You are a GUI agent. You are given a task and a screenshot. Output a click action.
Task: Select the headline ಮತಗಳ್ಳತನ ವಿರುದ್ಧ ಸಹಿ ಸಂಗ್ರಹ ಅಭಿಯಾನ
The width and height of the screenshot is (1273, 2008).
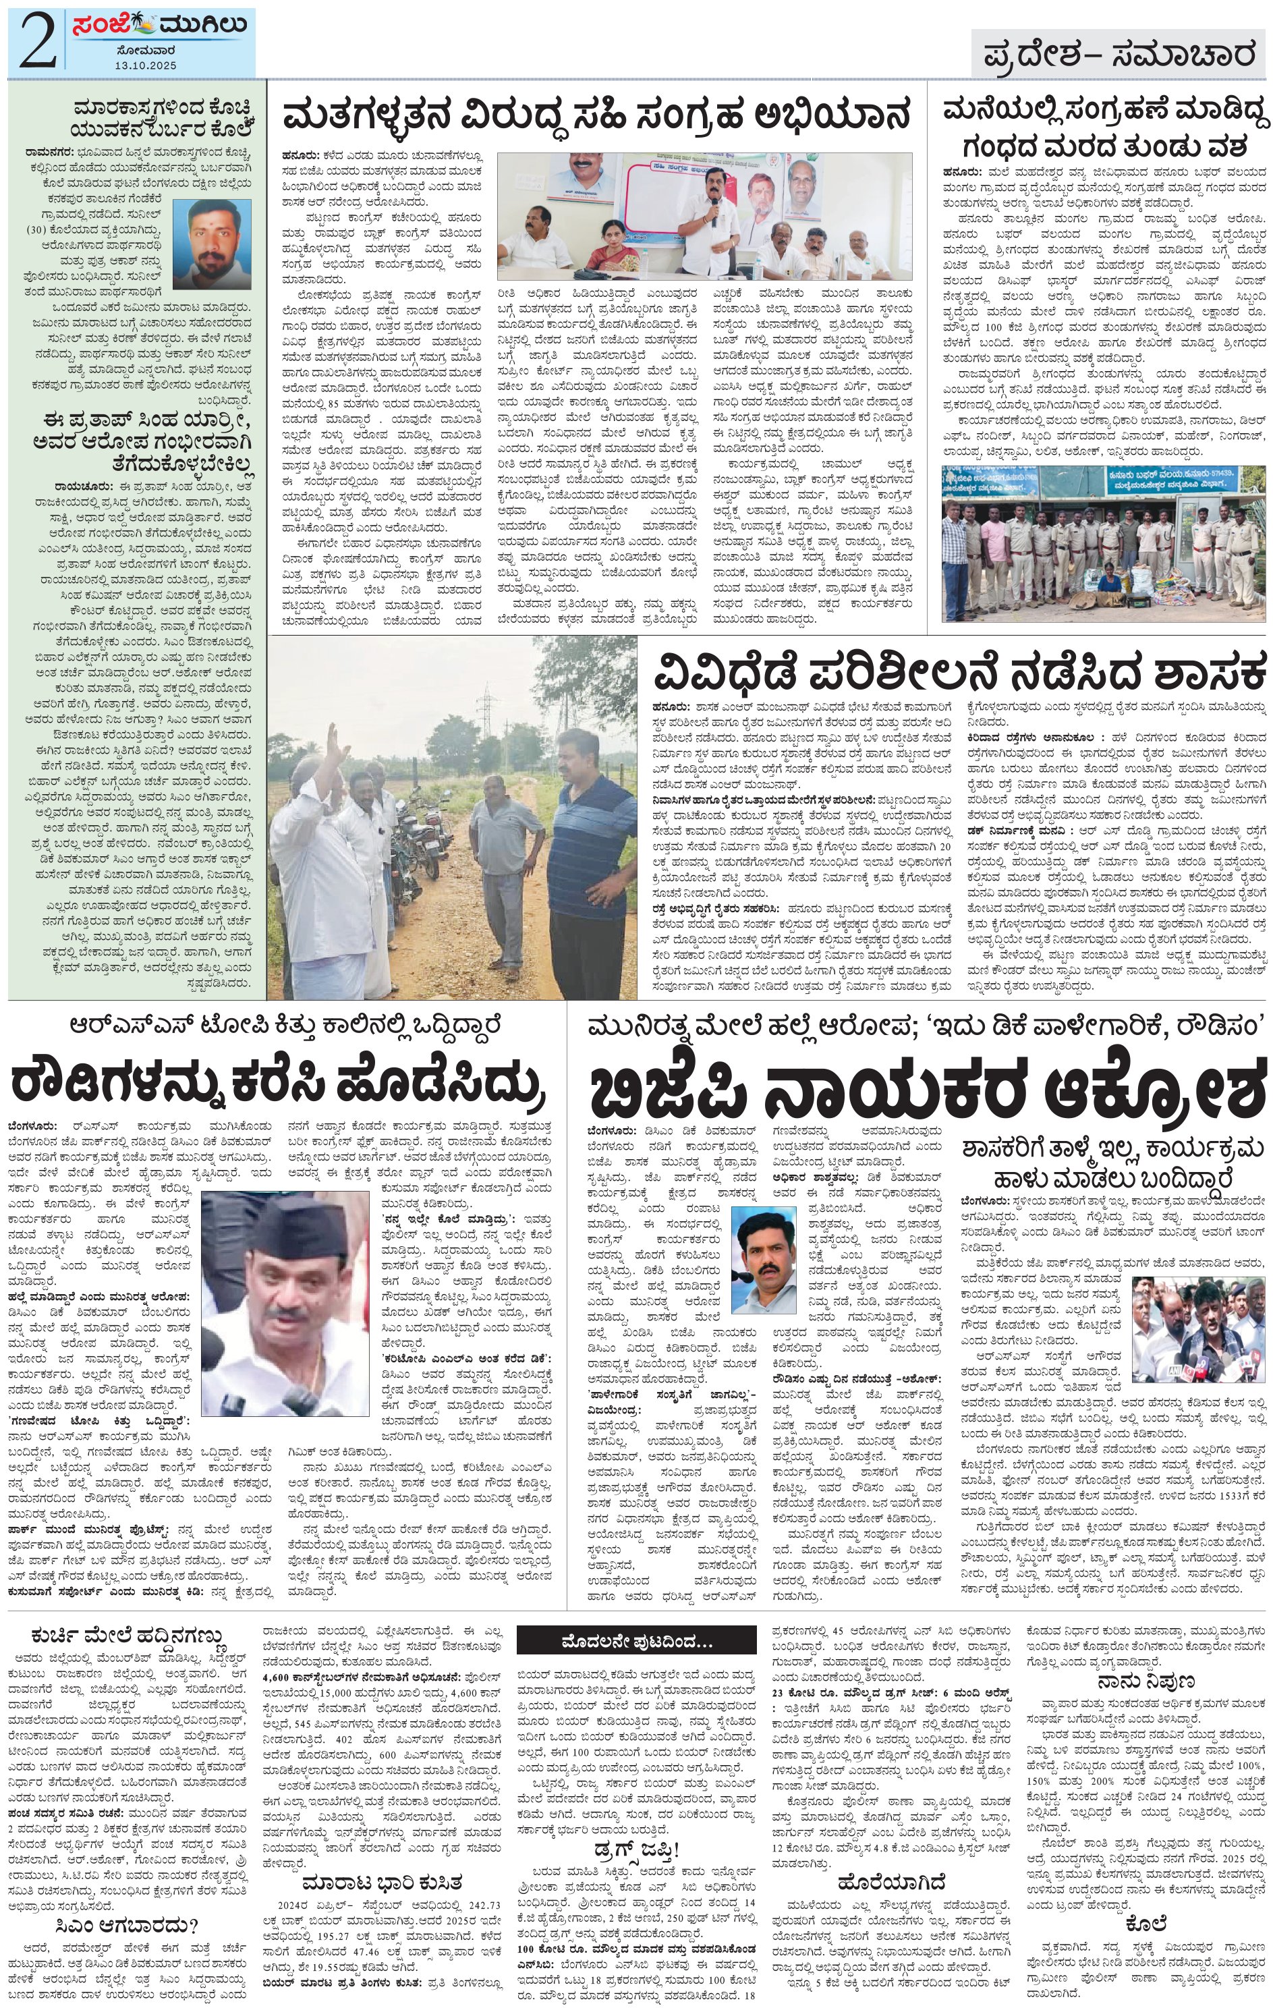596,116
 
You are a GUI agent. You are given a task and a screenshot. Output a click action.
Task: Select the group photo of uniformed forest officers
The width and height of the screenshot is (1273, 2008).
1102,543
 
